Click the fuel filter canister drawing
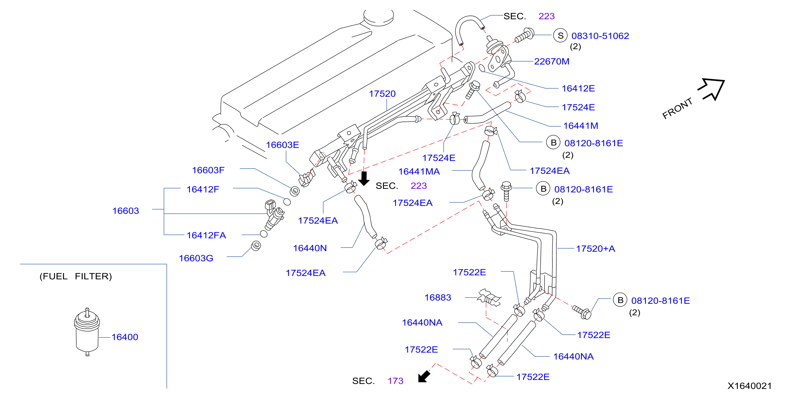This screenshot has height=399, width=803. tap(87, 332)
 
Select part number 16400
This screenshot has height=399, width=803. tap(125, 337)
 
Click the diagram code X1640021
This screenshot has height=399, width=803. tap(749, 386)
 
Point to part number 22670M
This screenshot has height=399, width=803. tap(552, 62)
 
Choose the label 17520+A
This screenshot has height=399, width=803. tap(595, 249)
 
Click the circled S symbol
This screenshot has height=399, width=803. tap(561, 36)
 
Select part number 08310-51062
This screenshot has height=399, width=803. tap(600, 36)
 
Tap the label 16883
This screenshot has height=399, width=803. tap(438, 298)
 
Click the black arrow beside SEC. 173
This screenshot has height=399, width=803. tap(424, 376)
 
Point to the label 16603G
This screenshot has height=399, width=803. tap(196, 258)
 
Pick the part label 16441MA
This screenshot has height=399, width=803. tap(419, 172)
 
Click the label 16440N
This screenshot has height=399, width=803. tap(310, 248)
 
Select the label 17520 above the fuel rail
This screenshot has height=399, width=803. tap(382, 94)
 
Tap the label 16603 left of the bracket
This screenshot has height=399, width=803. tap(126, 211)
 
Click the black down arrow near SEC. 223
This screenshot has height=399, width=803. tap(364, 178)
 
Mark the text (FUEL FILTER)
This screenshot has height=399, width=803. tap(76, 276)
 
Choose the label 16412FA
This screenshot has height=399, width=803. tap(206, 235)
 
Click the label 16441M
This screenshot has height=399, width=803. tap(581, 126)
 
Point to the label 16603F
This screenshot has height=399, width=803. tap(208, 170)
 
